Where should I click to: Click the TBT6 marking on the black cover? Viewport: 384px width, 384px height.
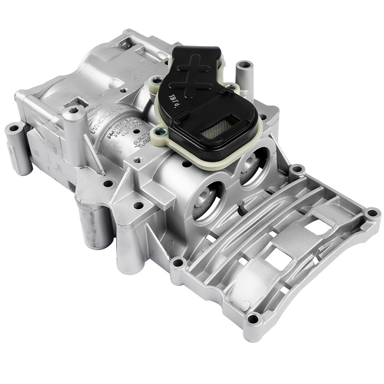pos(175,101)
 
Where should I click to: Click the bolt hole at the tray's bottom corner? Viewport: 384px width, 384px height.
pos(252,318)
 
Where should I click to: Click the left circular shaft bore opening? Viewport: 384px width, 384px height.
pos(208,200)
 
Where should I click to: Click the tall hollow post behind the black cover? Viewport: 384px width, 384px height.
pos(244,73)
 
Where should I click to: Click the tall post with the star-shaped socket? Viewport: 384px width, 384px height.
pos(74,115)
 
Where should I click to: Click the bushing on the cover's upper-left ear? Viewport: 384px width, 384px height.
pos(156,80)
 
